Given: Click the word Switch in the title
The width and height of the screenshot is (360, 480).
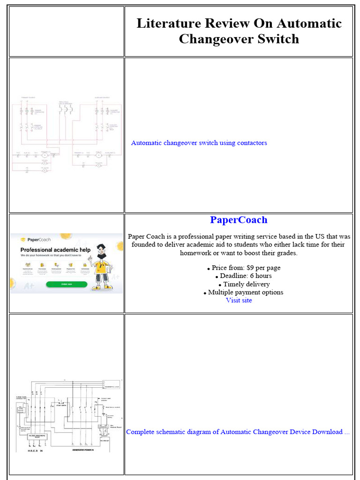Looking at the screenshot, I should [276, 38].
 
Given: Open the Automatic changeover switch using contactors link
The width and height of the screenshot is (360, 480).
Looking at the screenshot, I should [199, 143].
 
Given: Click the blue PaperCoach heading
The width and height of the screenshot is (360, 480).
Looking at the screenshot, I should [239, 220].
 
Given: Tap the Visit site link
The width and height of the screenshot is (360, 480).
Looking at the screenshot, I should [239, 300].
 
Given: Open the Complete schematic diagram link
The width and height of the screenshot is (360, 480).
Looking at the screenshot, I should [238, 432].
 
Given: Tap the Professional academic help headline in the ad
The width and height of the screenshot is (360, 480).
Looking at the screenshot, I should [55, 250].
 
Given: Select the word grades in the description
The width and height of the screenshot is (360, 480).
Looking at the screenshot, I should [286, 253].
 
